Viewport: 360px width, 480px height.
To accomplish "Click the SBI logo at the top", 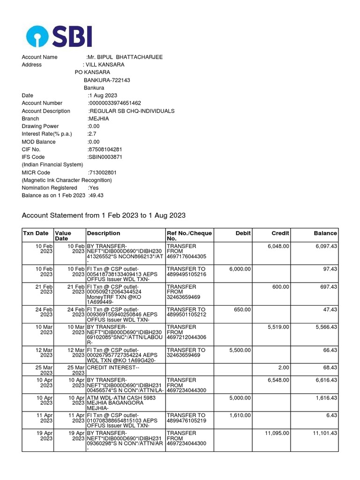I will click(59, 36).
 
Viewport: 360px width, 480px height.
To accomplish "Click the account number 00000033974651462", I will click(115, 103).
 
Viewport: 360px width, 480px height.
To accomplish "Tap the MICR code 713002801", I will click(103, 172).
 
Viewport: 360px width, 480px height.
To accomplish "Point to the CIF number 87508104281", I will click(105, 150).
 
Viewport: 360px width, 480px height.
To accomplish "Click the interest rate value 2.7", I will click(92, 134).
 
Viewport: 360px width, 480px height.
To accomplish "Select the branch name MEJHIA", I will click(98, 119).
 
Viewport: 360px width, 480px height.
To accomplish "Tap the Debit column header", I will click(243, 233).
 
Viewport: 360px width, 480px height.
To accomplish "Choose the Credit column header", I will click(280, 233).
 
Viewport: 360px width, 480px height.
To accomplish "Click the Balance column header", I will click(325, 233).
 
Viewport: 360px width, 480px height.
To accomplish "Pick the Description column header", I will click(104, 233).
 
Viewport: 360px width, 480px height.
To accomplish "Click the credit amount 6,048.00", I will click(278, 246).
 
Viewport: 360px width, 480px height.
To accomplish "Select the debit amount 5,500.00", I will click(240, 350).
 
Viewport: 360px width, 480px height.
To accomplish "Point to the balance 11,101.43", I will click(323, 434).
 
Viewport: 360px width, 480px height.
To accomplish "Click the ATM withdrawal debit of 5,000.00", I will click(240, 397).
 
